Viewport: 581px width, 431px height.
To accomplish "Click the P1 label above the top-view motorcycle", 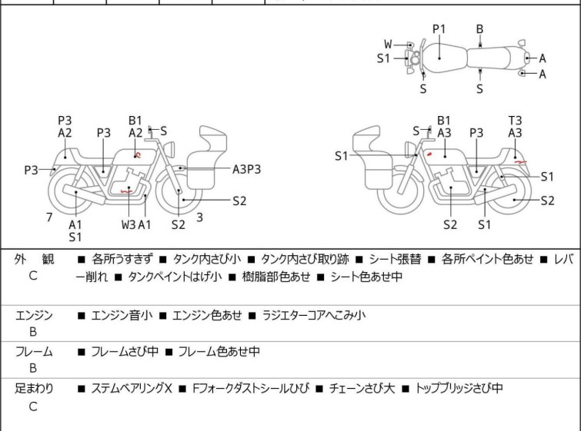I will pyautogui.click(x=439, y=28).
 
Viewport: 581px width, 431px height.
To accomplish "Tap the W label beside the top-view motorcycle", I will pyautogui.click(x=389, y=44).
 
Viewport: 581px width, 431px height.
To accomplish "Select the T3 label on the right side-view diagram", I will pyautogui.click(x=515, y=120).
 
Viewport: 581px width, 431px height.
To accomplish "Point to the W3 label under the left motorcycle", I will pyautogui.click(x=129, y=224).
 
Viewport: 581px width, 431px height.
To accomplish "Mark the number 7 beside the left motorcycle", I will pyautogui.click(x=49, y=217).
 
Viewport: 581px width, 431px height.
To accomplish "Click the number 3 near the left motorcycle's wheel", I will pyautogui.click(x=199, y=217).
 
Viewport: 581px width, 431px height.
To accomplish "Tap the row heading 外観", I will pyautogui.click(x=34, y=259).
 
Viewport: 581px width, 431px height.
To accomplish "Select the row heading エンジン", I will pyautogui.click(x=34, y=315).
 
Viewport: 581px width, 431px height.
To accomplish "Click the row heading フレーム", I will pyautogui.click(x=34, y=352).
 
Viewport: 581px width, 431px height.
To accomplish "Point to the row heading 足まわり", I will pyautogui.click(x=34, y=389).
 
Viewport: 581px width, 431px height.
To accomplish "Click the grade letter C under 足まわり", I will pyautogui.click(x=33, y=406).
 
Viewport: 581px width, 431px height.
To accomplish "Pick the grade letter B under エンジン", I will pyautogui.click(x=33, y=333).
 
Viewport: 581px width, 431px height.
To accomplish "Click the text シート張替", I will pyautogui.click(x=396, y=259).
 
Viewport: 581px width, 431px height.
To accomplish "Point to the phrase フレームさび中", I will pyautogui.click(x=125, y=352).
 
